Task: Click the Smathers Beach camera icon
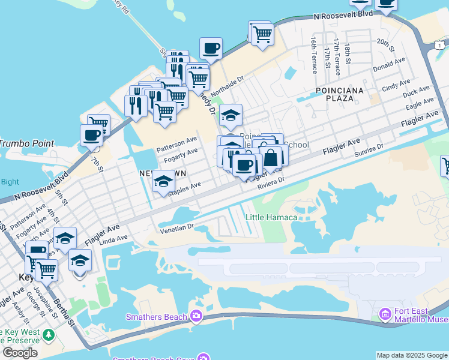(x=196, y=316)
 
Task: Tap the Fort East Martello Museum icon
(x=386, y=313)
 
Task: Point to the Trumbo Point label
(x=18, y=143)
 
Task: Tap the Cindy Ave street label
(x=396, y=85)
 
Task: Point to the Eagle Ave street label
(x=420, y=104)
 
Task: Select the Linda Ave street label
(x=115, y=239)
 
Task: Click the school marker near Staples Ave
(x=163, y=181)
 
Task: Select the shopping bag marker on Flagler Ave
(x=271, y=158)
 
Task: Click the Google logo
(x=20, y=353)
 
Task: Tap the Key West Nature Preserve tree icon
(x=46, y=334)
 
